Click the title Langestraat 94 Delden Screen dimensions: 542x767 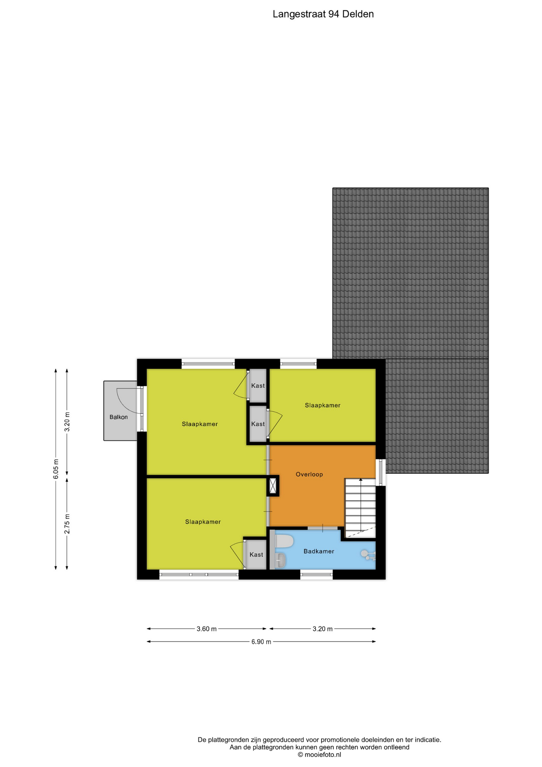pos(323,14)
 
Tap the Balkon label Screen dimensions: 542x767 pos(119,417)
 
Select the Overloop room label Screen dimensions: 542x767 pos(309,474)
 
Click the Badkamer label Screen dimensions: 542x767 pos(318,551)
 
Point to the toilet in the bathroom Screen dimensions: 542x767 pos(284,541)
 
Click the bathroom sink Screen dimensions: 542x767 pos(281,560)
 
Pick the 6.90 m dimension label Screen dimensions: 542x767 pos(261,642)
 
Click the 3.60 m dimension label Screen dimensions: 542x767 pos(206,629)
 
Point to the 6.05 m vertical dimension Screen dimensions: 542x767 pos(56,469)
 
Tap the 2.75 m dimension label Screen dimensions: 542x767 pos(67,524)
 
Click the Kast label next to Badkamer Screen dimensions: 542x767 pos(256,554)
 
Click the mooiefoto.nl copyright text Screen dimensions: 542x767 pos(319,755)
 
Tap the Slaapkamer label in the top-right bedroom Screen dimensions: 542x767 pos(322,405)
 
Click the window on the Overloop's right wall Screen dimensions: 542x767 pos(381,473)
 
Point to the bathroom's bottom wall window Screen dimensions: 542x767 pos(316,574)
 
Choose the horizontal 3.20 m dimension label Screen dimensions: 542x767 pos(322,629)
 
